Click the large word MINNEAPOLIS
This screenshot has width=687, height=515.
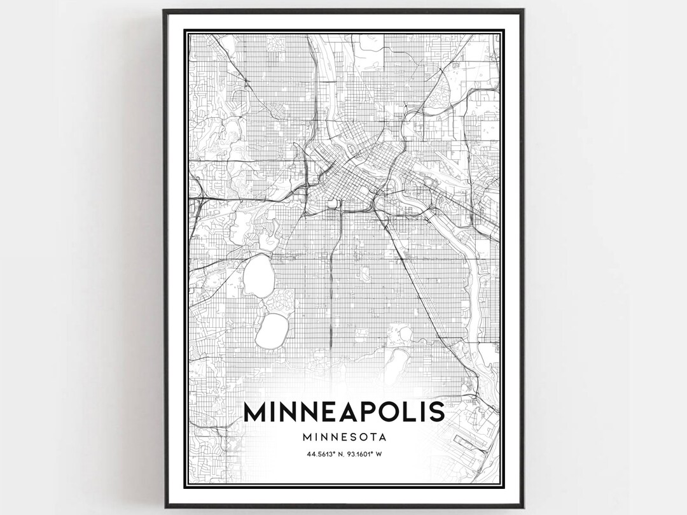click(x=343, y=412)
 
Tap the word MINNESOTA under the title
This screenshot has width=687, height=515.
click(x=343, y=437)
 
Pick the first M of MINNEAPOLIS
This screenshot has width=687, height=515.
click(x=255, y=412)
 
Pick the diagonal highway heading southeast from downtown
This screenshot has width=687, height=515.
click(x=407, y=267)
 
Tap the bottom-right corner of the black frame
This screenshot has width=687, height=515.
click(x=522, y=506)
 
